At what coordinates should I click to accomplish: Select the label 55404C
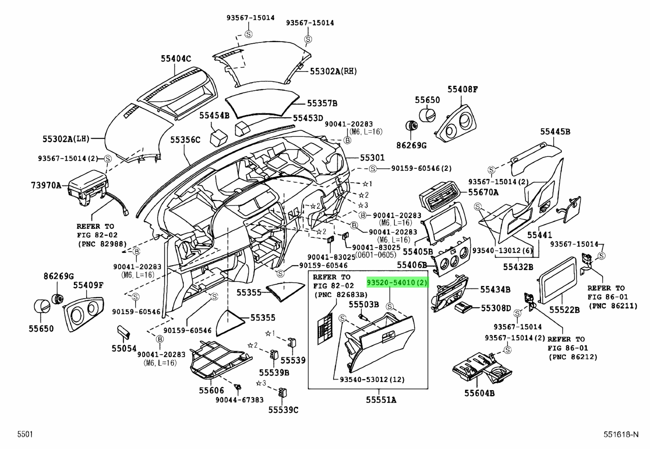pyautogui.click(x=176, y=59)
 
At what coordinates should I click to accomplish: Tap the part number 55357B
pyautogui.click(x=322, y=103)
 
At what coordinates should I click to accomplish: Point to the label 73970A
pyautogui.click(x=46, y=185)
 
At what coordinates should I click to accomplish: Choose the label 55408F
pyautogui.click(x=462, y=89)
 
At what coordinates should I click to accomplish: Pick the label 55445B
pyautogui.click(x=555, y=132)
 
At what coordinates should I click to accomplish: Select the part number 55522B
pyautogui.click(x=564, y=310)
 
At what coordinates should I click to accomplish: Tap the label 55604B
pyautogui.click(x=479, y=393)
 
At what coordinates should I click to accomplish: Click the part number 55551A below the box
pyautogui.click(x=381, y=400)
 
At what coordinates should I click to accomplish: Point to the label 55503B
pyautogui.click(x=364, y=304)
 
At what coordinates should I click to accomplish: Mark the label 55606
pyautogui.click(x=211, y=390)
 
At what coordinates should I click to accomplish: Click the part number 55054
pyautogui.click(x=124, y=348)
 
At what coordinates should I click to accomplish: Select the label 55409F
pyautogui.click(x=88, y=285)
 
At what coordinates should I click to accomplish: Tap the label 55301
pyautogui.click(x=372, y=158)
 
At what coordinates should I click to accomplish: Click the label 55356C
pyautogui.click(x=185, y=140)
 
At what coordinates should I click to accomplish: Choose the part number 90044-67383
pyautogui.click(x=239, y=400)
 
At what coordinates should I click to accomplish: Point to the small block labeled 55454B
pyautogui.click(x=219, y=138)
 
